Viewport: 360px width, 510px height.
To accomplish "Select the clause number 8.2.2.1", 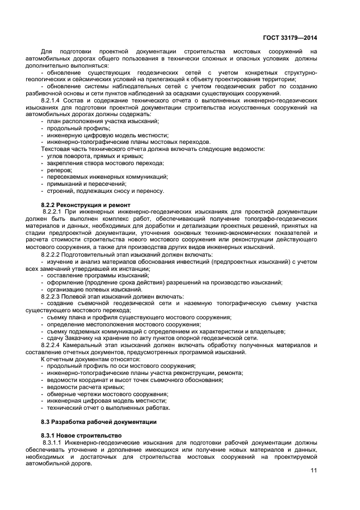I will (x=54, y=211).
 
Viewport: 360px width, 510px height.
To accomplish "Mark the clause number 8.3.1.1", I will (x=54, y=442).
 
